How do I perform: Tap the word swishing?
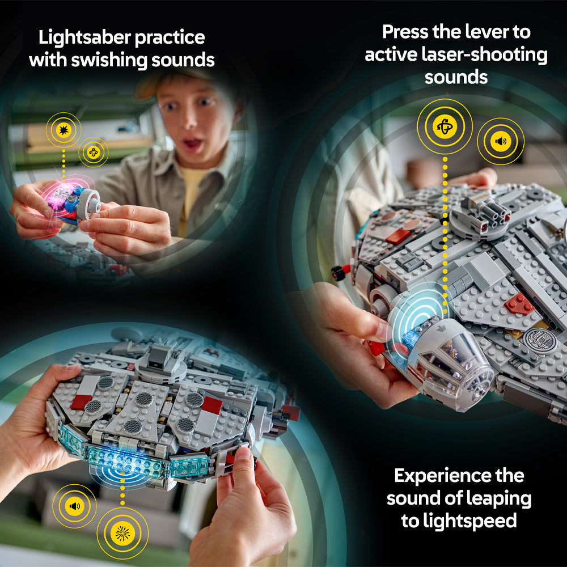(x=119, y=60)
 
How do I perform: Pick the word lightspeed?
(x=459, y=521)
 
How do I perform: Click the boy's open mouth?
(x=192, y=145)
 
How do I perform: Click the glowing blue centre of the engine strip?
(x=122, y=462)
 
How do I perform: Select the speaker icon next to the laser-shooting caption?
(x=500, y=141)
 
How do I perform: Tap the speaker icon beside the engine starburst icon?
(x=74, y=506)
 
